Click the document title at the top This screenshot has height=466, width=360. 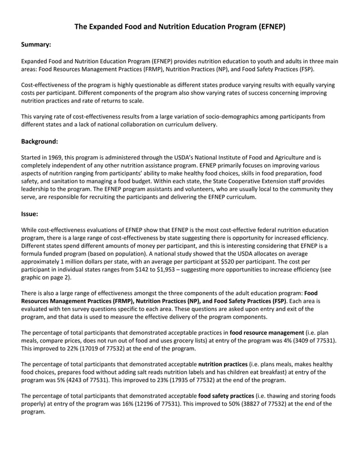[x=180, y=27]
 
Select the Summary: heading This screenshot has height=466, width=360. [x=36, y=44]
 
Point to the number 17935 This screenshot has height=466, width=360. [x=142, y=380]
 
